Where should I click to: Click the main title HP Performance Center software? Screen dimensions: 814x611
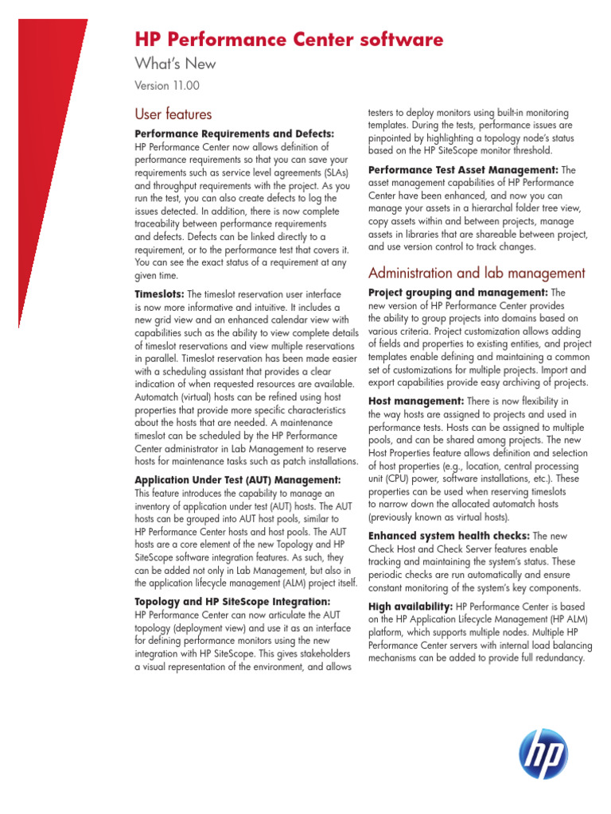[289, 40]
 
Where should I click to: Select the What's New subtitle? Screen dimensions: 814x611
[175, 64]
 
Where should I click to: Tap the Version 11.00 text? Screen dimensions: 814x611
[167, 85]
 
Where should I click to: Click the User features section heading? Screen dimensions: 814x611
[173, 114]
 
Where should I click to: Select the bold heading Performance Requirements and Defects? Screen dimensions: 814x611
[235, 134]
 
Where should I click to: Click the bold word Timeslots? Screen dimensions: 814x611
[159, 294]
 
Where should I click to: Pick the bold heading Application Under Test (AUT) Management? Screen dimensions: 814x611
[238, 480]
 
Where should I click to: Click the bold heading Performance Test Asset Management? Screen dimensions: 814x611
[463, 170]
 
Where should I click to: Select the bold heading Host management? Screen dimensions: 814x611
[416, 401]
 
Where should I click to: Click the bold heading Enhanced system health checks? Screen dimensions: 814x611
[449, 536]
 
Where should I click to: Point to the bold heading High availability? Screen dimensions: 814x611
[410, 607]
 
